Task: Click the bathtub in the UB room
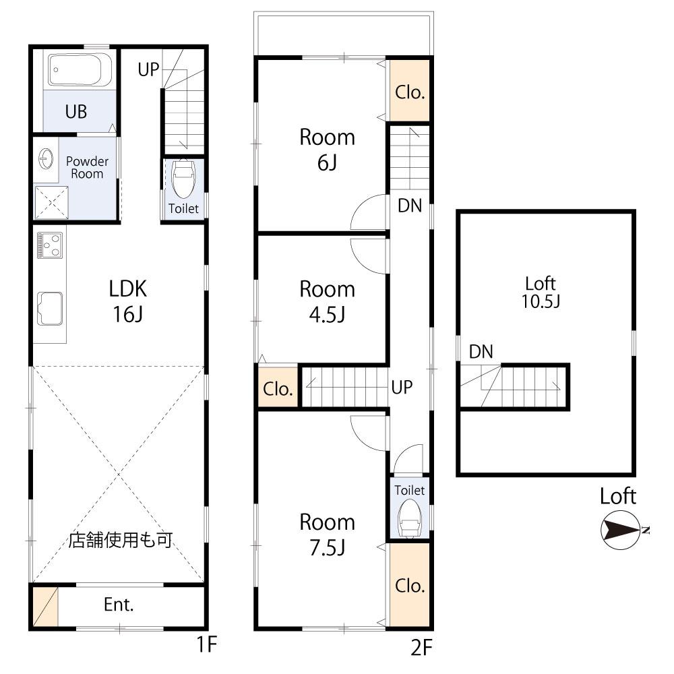[x=80, y=70]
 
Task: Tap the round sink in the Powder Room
[x=46, y=160]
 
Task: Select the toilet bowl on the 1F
[x=183, y=179]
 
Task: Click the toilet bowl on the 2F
[x=409, y=519]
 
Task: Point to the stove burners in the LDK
[x=50, y=245]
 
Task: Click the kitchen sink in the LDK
[x=50, y=309]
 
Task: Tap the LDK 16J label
[x=127, y=301]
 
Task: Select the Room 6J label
[x=327, y=150]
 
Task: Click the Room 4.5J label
[x=327, y=302]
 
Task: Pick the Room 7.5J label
[x=327, y=534]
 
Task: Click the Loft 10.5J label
[x=541, y=293]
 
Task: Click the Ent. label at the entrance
[x=119, y=605]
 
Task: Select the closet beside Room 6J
[x=410, y=90]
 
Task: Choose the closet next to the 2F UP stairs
[x=278, y=387]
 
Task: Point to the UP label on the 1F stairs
[x=148, y=69]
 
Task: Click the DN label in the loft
[x=481, y=352]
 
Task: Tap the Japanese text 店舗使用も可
[x=121, y=539]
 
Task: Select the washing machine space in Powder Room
[x=51, y=203]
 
